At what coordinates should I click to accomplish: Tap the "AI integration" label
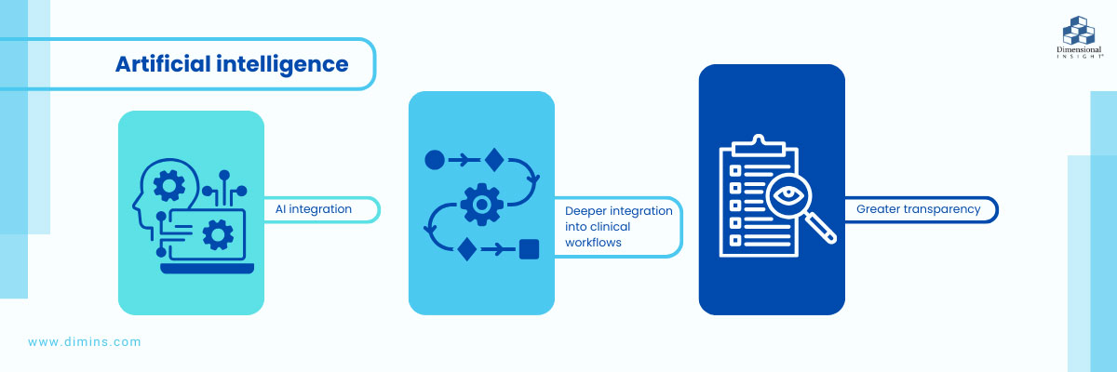[314, 209]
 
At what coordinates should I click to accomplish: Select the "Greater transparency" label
[918, 209]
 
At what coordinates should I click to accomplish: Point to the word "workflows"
[594, 243]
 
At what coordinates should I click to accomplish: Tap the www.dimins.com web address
[85, 342]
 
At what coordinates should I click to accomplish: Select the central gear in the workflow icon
[482, 204]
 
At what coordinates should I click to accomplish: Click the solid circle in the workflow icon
[435, 160]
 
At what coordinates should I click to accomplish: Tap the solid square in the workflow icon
[529, 248]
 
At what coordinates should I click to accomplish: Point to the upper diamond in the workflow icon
[493, 160]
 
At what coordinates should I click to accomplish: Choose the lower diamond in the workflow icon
[467, 248]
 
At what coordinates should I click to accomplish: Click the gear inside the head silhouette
[169, 187]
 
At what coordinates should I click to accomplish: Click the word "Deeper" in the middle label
[585, 211]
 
